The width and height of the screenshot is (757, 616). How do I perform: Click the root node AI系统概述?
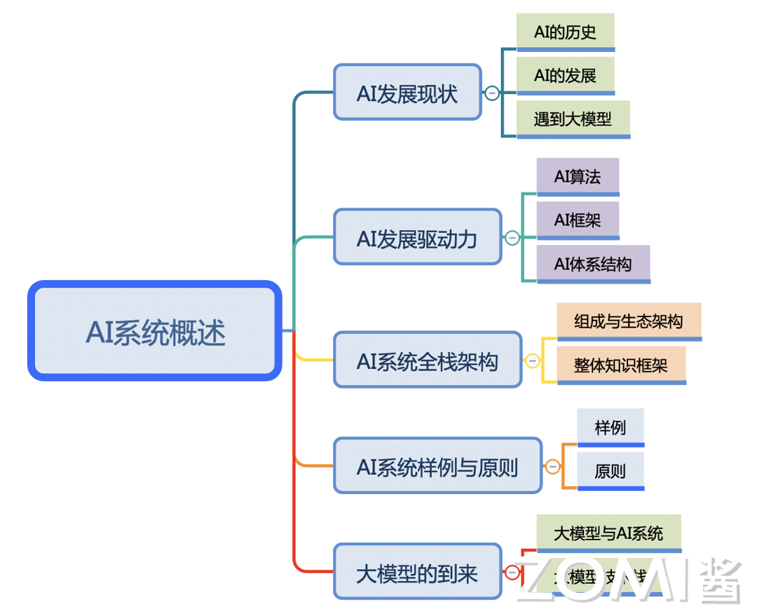pyautogui.click(x=155, y=331)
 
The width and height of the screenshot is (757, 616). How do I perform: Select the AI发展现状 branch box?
pyautogui.click(x=407, y=93)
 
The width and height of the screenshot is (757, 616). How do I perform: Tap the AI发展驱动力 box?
pyautogui.click(x=417, y=237)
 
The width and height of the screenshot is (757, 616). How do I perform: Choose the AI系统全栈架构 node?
pyautogui.click(x=428, y=361)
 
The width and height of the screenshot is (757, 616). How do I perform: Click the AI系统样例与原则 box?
pyautogui.click(x=437, y=466)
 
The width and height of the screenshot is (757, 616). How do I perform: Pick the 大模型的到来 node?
pyautogui.click(x=417, y=573)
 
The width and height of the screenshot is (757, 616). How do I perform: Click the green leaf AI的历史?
pyautogui.click(x=565, y=32)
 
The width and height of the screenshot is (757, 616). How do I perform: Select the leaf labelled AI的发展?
pyautogui.click(x=565, y=76)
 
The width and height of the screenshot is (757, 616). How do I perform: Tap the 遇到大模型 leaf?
pyautogui.click(x=573, y=119)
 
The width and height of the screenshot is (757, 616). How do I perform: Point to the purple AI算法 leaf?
pyautogui.click(x=578, y=176)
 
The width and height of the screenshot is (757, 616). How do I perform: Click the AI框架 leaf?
pyautogui.click(x=578, y=220)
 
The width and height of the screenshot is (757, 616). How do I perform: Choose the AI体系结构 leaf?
pyautogui.click(x=593, y=264)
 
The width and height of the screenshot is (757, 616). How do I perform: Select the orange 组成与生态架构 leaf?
pyautogui.click(x=629, y=321)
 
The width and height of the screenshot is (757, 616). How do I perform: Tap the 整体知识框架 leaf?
pyautogui.click(x=620, y=365)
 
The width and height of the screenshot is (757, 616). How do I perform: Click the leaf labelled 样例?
pyautogui.click(x=610, y=427)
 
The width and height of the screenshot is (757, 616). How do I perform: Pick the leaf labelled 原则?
pyautogui.click(x=610, y=471)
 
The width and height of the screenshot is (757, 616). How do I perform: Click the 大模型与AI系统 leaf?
pyautogui.click(x=608, y=533)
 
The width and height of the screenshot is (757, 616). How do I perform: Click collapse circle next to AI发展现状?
pyautogui.click(x=492, y=93)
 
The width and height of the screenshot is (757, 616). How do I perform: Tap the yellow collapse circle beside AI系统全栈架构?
pyautogui.click(x=532, y=361)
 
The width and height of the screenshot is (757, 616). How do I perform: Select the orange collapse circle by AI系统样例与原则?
pyautogui.click(x=552, y=467)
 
